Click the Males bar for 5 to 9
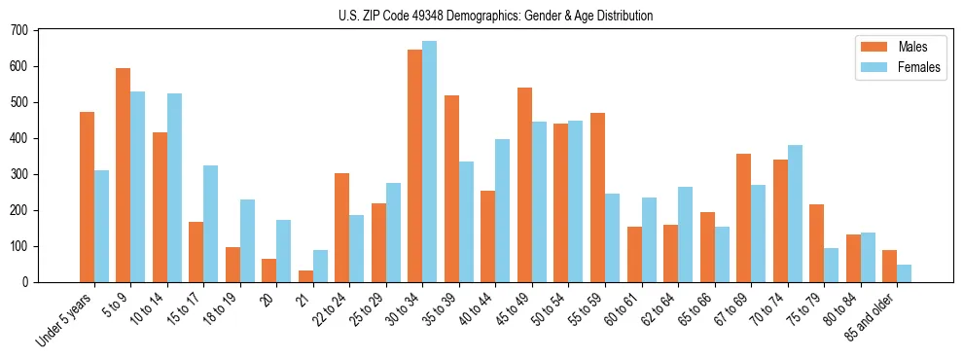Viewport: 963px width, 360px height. [x=124, y=175]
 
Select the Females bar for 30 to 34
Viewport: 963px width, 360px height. [x=430, y=162]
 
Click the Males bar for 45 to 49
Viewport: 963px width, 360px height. [x=524, y=185]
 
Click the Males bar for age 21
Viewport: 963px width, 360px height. [x=305, y=276]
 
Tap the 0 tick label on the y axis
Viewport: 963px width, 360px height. [x=26, y=282]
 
